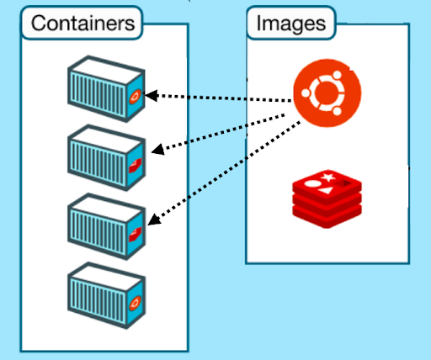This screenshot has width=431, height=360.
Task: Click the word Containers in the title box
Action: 82,24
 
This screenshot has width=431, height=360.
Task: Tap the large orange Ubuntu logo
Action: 319,94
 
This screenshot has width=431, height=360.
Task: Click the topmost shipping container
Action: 106,87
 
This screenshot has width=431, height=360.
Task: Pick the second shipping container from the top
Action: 106,154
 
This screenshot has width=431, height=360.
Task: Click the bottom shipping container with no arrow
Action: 106,294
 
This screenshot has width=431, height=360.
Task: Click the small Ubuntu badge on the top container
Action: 135,98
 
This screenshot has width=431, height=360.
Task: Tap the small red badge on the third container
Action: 135,233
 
